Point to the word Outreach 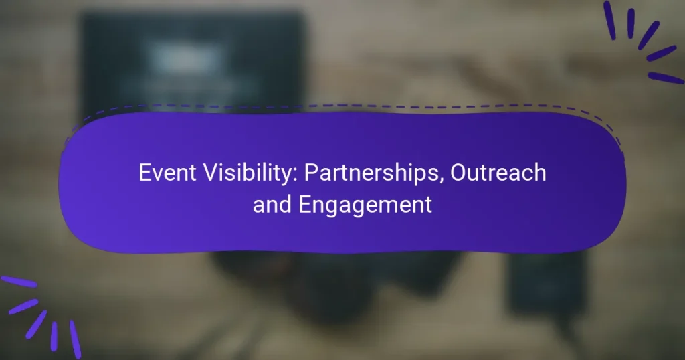(498, 173)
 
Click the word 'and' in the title (271, 205)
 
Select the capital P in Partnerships (310, 173)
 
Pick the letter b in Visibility (247, 173)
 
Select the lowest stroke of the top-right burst (665, 78)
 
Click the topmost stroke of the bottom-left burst (19, 282)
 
